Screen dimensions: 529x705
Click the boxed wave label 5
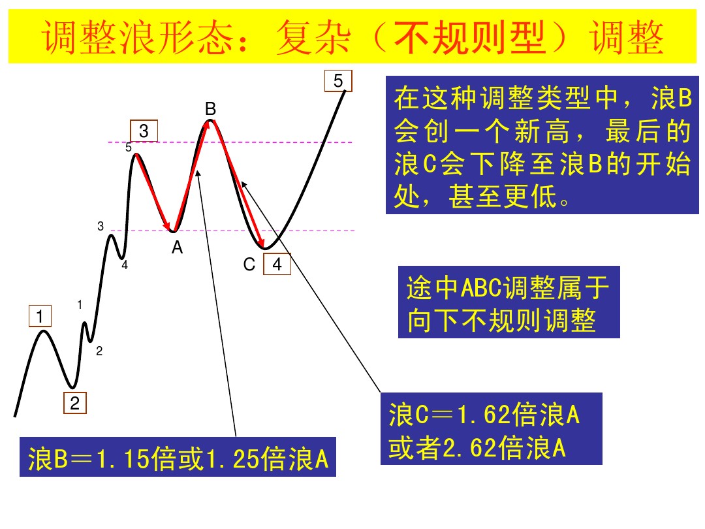[x=338, y=81]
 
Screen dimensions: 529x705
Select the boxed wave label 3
[x=144, y=131]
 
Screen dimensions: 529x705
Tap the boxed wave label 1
[x=40, y=317]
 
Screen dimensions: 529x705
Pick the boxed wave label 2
[x=74, y=404]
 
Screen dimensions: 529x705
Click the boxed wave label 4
[x=277, y=264]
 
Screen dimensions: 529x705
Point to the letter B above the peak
[x=210, y=108]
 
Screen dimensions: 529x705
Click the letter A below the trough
[x=177, y=248]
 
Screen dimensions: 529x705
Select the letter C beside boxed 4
[x=249, y=264]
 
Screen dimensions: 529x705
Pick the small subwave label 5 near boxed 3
[x=129, y=148]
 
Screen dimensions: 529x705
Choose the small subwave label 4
[x=124, y=265]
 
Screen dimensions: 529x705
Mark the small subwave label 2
[x=99, y=351]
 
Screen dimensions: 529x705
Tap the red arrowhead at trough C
[x=261, y=244]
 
